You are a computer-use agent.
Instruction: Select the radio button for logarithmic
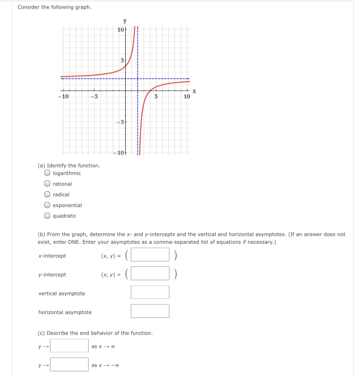click(47, 173)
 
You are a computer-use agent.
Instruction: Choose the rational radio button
click(47, 184)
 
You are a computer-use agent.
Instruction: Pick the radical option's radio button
click(47, 195)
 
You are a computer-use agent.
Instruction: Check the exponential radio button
click(47, 205)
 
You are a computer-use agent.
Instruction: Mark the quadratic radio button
click(47, 216)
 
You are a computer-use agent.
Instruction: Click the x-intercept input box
click(150, 255)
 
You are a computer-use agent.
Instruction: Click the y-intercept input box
click(150, 274)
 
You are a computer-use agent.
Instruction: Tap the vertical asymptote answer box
click(150, 292)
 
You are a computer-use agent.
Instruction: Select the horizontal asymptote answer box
click(150, 311)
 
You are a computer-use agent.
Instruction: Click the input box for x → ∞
click(69, 346)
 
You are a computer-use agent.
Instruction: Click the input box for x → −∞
click(69, 364)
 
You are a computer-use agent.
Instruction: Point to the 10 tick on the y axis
click(120, 30)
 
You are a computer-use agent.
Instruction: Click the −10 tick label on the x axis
click(63, 96)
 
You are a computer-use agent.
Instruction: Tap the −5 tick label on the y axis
click(120, 122)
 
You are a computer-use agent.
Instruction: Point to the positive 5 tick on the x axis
click(157, 96)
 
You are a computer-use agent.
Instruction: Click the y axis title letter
click(125, 20)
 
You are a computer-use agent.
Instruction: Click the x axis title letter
click(194, 91)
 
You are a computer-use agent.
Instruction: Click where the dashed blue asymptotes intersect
click(138, 79)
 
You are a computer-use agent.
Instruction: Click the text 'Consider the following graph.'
click(54, 7)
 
